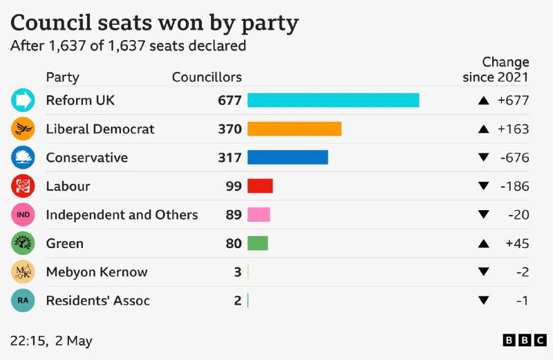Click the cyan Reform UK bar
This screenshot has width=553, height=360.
click(x=333, y=100)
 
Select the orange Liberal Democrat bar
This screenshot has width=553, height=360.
click(x=294, y=129)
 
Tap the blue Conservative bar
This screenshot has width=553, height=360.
click(x=288, y=158)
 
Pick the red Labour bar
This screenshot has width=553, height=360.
click(x=260, y=186)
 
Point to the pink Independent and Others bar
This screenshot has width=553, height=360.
click(x=259, y=215)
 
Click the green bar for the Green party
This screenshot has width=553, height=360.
click(x=257, y=243)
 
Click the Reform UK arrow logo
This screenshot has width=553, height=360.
click(x=23, y=100)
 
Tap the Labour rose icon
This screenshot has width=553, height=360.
click(x=23, y=186)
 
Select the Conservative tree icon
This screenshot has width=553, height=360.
click(x=23, y=158)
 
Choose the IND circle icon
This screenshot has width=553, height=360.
click(x=23, y=215)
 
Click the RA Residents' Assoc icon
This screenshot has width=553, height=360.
click(x=23, y=301)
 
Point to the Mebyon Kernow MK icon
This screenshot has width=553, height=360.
click(x=23, y=272)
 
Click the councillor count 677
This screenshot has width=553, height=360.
click(x=229, y=100)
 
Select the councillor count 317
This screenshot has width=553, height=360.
click(x=229, y=158)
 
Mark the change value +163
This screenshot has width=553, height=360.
click(x=513, y=129)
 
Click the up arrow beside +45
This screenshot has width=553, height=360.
click(x=484, y=243)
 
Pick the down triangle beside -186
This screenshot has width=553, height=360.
click(x=484, y=186)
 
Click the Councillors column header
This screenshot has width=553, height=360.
click(x=207, y=77)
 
